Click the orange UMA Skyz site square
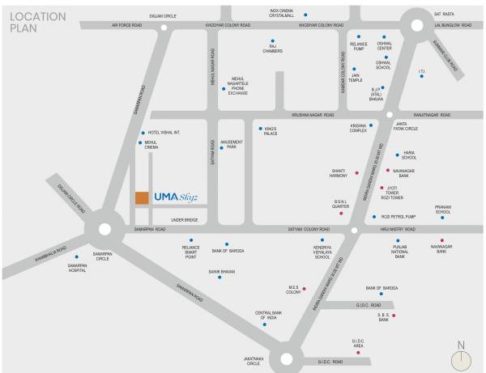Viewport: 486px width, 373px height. (141, 197)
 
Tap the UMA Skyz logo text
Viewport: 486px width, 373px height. (175, 197)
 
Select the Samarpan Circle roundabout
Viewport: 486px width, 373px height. (104, 229)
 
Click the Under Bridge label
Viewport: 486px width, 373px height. (185, 218)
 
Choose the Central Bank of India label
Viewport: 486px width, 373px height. (268, 315)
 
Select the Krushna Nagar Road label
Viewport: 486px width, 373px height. (309, 115)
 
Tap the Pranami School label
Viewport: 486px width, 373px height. (442, 210)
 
